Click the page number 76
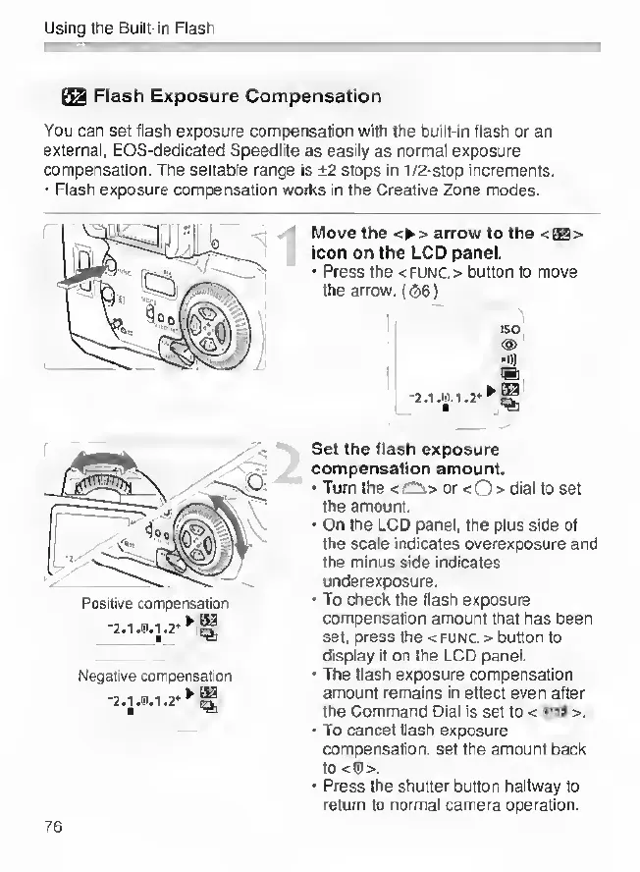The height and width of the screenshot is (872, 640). click(x=53, y=826)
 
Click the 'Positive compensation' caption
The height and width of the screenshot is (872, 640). click(x=155, y=603)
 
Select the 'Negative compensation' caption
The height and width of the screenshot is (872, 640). click(x=155, y=677)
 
